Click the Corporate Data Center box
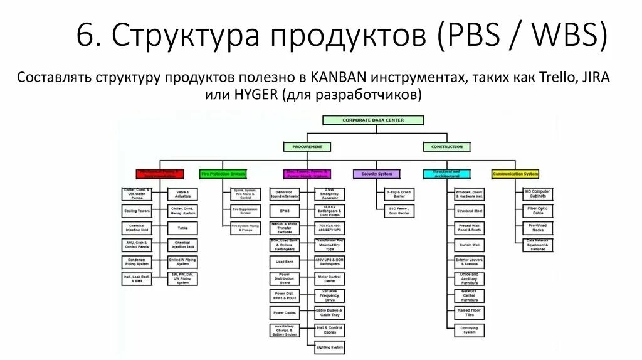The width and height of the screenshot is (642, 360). [373, 120]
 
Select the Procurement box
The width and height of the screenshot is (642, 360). [307, 147]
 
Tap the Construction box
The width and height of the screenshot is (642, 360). [447, 147]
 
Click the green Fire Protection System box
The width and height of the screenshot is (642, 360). [223, 174]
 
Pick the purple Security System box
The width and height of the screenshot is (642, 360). [377, 174]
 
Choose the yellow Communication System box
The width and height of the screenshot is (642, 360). [515, 174]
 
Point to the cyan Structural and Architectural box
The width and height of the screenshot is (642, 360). [447, 174]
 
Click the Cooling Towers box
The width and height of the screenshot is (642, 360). [137, 211]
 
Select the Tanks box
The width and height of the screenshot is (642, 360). [182, 228]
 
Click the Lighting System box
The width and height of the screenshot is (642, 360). [330, 347]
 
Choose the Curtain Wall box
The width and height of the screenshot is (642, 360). [470, 245]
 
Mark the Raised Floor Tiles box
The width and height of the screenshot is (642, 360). [470, 312]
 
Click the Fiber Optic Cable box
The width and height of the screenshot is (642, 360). [537, 211]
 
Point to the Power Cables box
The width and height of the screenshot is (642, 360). [285, 312]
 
